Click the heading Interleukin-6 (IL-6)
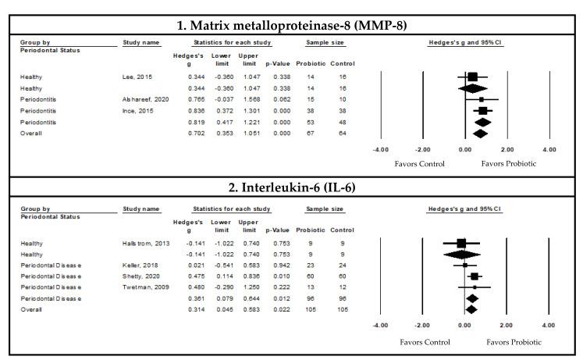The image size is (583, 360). pyautogui.click(x=291, y=190)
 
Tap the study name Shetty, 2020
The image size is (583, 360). pyautogui.click(x=139, y=276)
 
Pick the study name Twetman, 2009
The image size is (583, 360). pyautogui.click(x=141, y=287)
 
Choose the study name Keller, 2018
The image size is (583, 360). pyautogui.click(x=137, y=265)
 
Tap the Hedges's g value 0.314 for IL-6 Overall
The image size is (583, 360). pyautogui.click(x=184, y=310)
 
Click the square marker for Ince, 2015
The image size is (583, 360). pyautogui.click(x=482, y=111)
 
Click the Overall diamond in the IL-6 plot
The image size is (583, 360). pyautogui.click(x=471, y=310)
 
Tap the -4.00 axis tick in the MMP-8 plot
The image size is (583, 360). pyautogui.click(x=380, y=148)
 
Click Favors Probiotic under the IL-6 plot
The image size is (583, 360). pyautogui.click(x=514, y=342)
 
